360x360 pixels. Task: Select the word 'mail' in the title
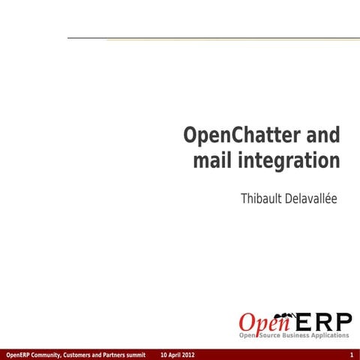point(213,161)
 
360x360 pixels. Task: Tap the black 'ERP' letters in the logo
point(322,323)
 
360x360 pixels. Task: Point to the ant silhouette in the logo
point(285,315)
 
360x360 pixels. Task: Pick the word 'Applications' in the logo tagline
point(331,335)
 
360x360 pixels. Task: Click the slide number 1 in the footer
point(351,354)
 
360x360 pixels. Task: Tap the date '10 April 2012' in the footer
point(178,354)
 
